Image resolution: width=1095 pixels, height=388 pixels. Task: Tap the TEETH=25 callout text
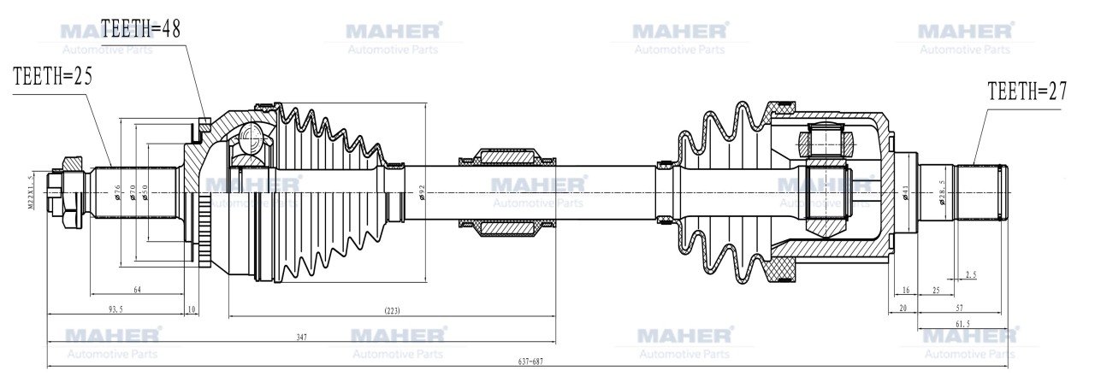[x=52, y=75]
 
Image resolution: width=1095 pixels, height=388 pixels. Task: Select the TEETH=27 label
[x=1027, y=91]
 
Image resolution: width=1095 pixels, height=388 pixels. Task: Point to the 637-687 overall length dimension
[x=530, y=361]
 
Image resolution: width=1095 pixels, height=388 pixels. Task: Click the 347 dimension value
[x=301, y=338]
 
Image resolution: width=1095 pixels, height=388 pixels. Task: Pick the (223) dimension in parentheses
[x=392, y=309]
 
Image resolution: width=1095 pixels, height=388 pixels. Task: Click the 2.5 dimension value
[x=971, y=274]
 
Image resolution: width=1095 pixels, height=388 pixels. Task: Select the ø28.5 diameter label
[x=942, y=191]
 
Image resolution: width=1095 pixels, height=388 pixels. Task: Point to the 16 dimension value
[x=905, y=291]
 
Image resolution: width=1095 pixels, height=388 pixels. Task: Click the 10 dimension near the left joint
[x=191, y=309]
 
